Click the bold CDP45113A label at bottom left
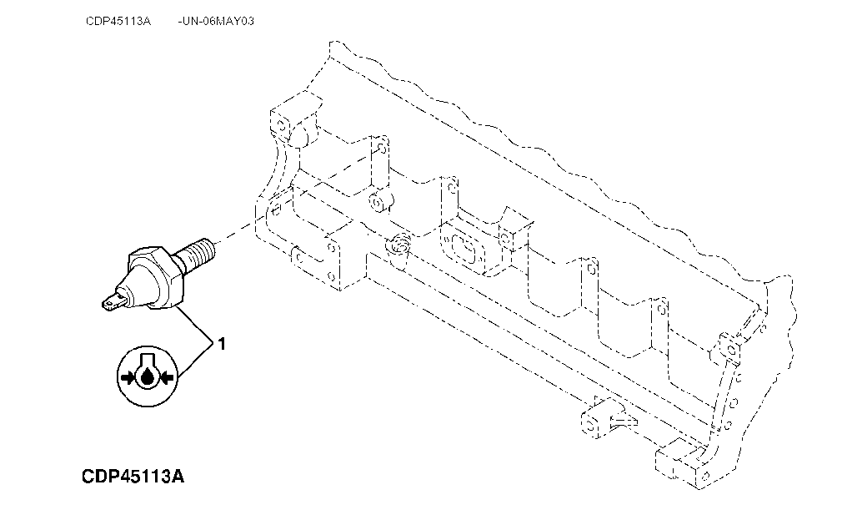pyautogui.click(x=133, y=477)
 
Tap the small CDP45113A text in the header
pyautogui.click(x=118, y=21)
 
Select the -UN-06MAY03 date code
pyautogui.click(x=216, y=21)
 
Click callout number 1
pyautogui.click(x=222, y=342)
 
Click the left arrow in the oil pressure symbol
pyautogui.click(x=128, y=378)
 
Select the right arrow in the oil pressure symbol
pyautogui.click(x=167, y=378)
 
